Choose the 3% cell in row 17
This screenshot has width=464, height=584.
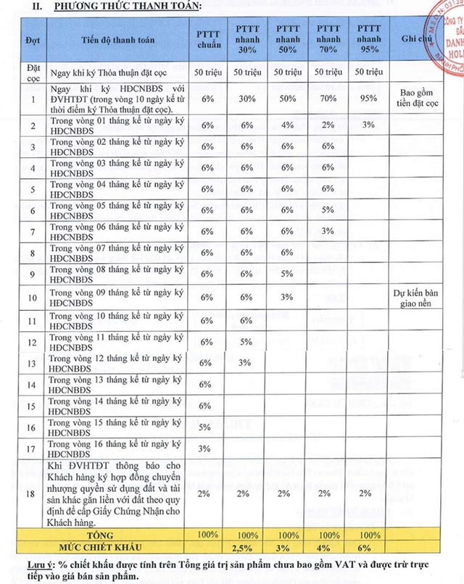click(x=205, y=449)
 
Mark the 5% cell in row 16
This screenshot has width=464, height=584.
click(x=205, y=427)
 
